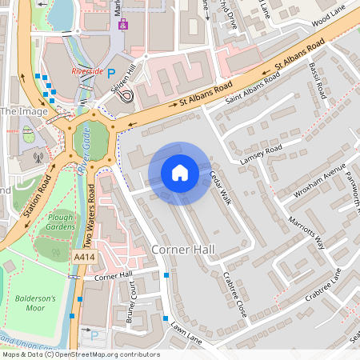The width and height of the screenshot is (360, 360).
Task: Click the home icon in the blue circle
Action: point(180,173)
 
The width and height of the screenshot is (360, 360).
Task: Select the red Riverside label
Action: point(87,70)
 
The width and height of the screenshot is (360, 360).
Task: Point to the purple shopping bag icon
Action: point(122,24)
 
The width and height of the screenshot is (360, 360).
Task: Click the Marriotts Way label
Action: point(307,232)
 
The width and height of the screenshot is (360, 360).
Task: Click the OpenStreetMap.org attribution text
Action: point(104,354)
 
